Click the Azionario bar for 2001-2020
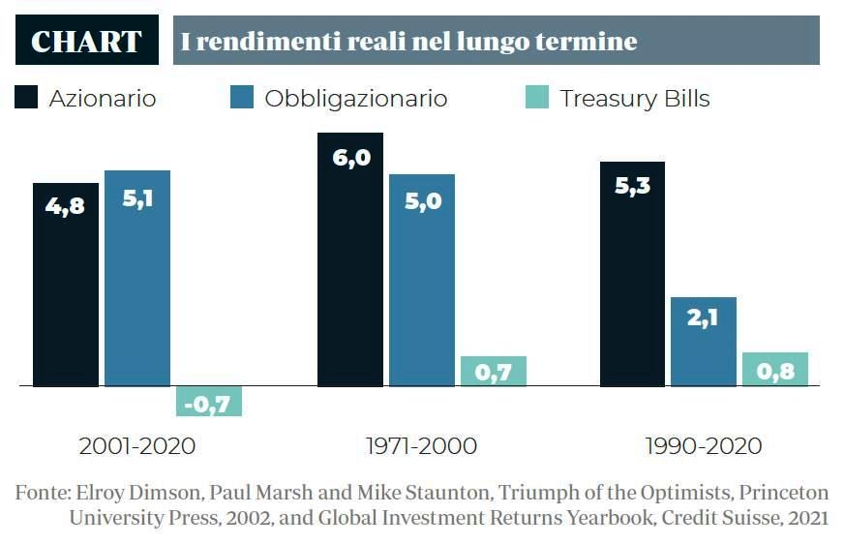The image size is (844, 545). [x=66, y=285]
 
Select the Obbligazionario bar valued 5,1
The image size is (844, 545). [x=137, y=279]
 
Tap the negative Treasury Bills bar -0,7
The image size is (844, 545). [x=209, y=401]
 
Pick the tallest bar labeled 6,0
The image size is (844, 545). [x=350, y=259]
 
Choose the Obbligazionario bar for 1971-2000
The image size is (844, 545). [x=422, y=281]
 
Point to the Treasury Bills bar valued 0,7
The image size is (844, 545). [x=494, y=372]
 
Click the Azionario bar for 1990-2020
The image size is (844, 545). [x=632, y=274]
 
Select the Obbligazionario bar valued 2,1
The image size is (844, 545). [x=704, y=342]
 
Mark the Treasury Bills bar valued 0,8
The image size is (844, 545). [x=775, y=370]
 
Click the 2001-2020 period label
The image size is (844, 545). [x=137, y=446]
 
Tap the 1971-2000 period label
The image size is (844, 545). [x=421, y=446]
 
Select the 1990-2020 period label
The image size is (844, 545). [x=704, y=446]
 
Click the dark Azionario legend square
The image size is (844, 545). [x=27, y=98]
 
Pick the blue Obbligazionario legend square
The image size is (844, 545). [x=242, y=98]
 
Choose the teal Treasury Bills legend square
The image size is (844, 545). [x=538, y=98]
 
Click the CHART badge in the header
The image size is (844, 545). [x=87, y=42]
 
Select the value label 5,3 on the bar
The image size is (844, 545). [x=632, y=185]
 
